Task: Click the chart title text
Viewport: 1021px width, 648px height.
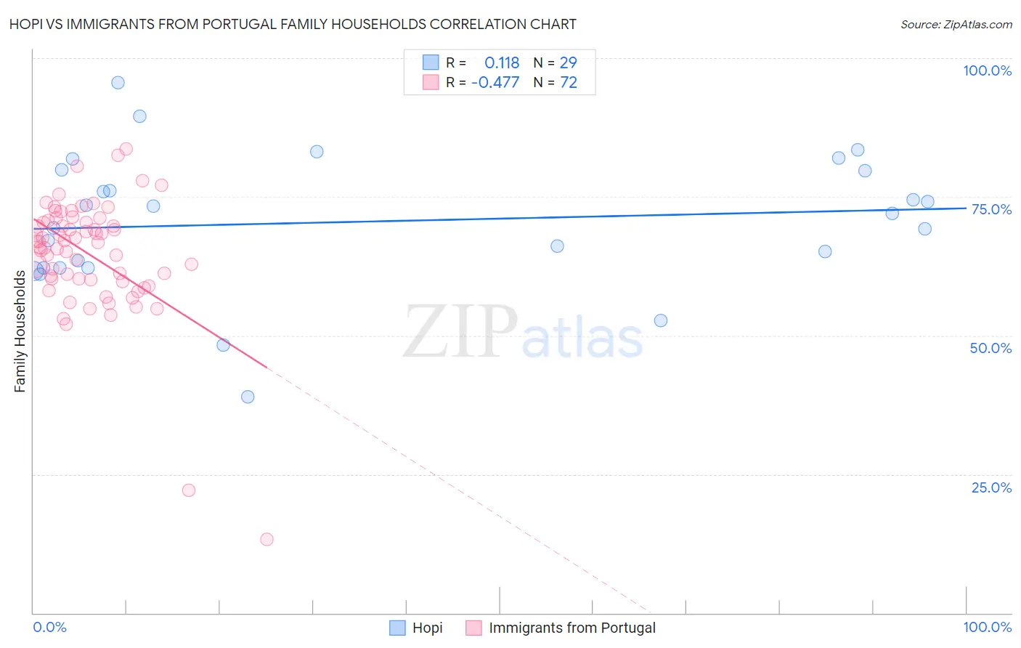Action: pos(293,25)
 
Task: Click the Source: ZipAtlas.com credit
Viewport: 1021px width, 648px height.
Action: pos(956,25)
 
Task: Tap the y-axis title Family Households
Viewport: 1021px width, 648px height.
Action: pos(20,331)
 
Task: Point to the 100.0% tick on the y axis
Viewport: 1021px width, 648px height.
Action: pos(987,70)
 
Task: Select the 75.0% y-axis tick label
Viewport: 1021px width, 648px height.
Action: pos(991,209)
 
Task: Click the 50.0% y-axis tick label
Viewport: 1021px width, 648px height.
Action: pos(991,348)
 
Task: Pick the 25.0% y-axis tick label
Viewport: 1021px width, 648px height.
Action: pos(991,487)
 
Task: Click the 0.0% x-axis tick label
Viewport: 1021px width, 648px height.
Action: pos(49,627)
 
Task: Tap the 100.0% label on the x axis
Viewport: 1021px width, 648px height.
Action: pos(987,627)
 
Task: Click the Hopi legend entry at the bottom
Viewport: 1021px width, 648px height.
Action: pos(417,628)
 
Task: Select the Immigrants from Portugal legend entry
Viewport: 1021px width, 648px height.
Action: pos(561,628)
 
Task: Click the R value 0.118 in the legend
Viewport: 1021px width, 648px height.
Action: pos(502,63)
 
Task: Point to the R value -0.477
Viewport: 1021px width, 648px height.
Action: pos(495,83)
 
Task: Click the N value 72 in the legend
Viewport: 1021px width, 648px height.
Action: pos(569,83)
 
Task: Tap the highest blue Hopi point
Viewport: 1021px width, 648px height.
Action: pos(118,83)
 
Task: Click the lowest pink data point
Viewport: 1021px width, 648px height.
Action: pos(267,539)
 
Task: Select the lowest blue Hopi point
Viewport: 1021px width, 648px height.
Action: pos(248,397)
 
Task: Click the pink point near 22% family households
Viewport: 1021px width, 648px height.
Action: pos(189,490)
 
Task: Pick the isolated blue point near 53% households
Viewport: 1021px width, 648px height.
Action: pos(661,320)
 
